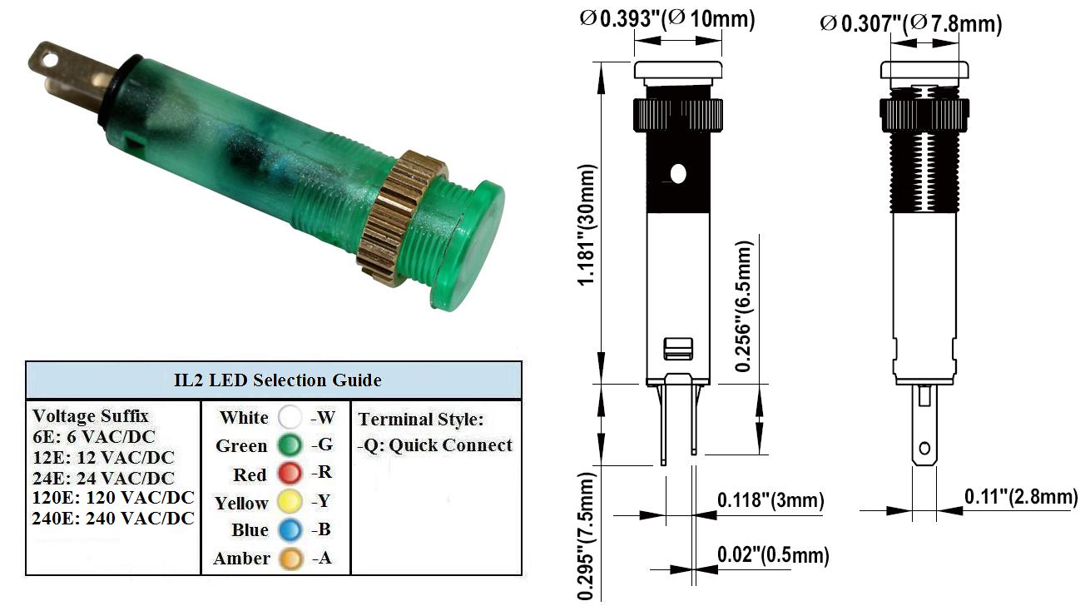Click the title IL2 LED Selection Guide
pyautogui.click(x=277, y=380)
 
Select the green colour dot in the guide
pyautogui.click(x=290, y=445)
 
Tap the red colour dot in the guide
pyautogui.click(x=290, y=473)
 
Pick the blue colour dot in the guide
pyautogui.click(x=290, y=529)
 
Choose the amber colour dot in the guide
pyautogui.click(x=290, y=559)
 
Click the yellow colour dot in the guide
pyautogui.click(x=290, y=501)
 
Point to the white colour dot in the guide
pyautogui.click(x=290, y=417)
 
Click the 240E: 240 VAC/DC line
pyautogui.click(x=113, y=519)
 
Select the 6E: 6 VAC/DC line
pyautogui.click(x=94, y=437)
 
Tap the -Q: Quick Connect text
pyautogui.click(x=434, y=445)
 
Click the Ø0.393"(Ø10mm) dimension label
pyautogui.click(x=667, y=19)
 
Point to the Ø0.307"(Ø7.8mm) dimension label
pyautogui.click(x=911, y=23)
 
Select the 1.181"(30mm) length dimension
pyautogui.click(x=587, y=225)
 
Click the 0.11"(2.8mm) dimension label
pyautogui.click(x=1021, y=497)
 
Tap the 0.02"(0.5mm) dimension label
pyautogui.click(x=773, y=554)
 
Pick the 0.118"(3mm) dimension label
pyautogui.click(x=770, y=500)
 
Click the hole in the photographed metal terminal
pyautogui.click(x=49, y=61)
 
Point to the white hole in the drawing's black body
pyautogui.click(x=678, y=173)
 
